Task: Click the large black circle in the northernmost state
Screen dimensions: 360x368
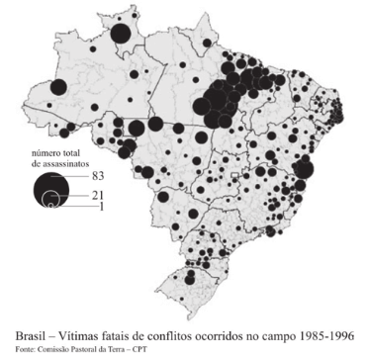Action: [x=121, y=35]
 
